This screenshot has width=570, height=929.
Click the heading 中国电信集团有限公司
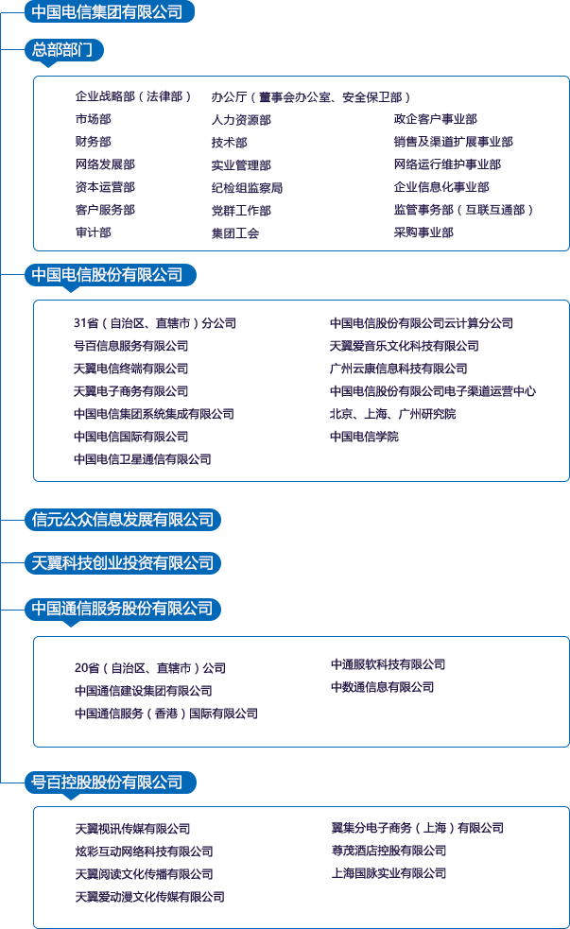tap(107, 12)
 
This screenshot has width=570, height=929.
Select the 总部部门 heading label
tap(62, 50)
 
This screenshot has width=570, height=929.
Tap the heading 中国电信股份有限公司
tap(107, 275)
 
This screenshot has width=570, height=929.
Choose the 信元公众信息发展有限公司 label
tap(123, 519)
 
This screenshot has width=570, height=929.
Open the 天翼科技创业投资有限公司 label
tap(123, 563)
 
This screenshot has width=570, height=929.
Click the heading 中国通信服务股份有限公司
tap(123, 609)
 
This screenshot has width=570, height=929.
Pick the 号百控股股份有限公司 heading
tap(107, 783)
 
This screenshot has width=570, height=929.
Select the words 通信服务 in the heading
tap(100, 609)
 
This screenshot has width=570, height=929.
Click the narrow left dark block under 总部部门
tap(129, 164)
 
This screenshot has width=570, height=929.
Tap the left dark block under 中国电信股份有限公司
tap(151, 390)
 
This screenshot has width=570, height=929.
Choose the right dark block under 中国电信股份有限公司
tap(430, 379)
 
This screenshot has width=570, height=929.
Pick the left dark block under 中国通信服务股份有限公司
tap(166, 691)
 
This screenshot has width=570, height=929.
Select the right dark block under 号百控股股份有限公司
tap(416, 851)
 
